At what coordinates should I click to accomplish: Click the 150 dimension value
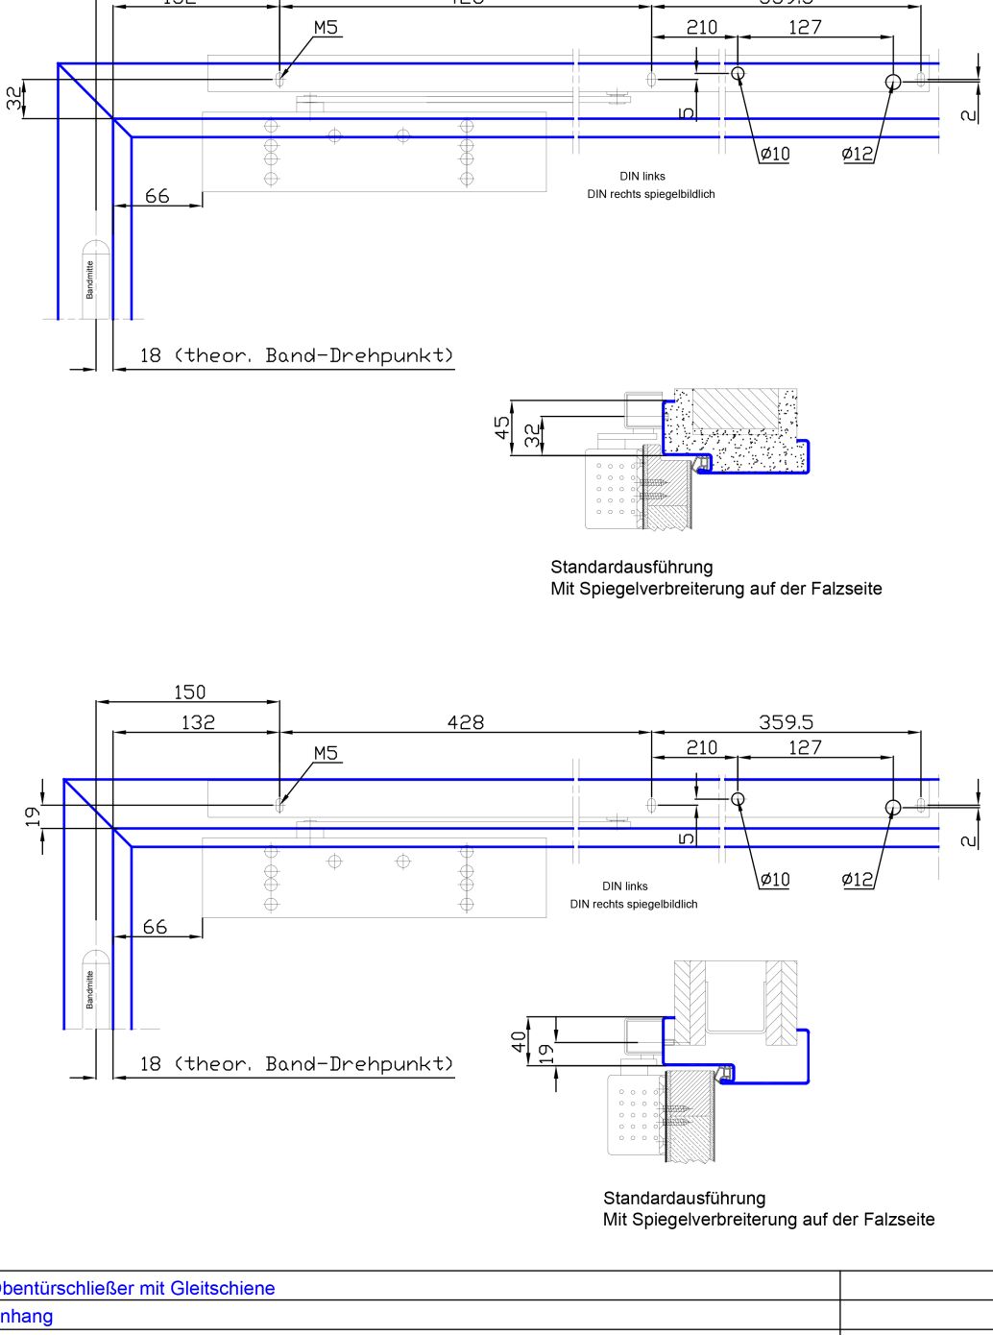click(189, 692)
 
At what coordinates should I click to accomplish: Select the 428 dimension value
click(466, 722)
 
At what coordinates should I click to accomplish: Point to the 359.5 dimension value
click(786, 722)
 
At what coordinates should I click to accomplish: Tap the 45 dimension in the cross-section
click(502, 427)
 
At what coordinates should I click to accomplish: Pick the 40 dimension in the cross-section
click(519, 1041)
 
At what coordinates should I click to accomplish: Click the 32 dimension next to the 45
click(532, 436)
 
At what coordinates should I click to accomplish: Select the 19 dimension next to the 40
click(546, 1053)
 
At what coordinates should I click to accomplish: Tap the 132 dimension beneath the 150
click(198, 722)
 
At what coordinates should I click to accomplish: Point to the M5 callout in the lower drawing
click(326, 753)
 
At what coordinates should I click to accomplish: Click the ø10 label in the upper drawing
click(774, 154)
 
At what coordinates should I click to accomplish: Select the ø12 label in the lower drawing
click(857, 879)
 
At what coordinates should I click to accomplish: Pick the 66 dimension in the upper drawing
click(157, 196)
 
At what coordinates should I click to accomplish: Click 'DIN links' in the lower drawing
click(625, 886)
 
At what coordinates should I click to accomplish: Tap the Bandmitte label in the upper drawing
click(90, 279)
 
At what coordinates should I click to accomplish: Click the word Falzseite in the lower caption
click(898, 1219)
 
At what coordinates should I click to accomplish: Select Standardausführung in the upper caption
click(631, 567)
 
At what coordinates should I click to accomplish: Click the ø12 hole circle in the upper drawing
click(893, 82)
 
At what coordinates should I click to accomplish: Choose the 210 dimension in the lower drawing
click(701, 747)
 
